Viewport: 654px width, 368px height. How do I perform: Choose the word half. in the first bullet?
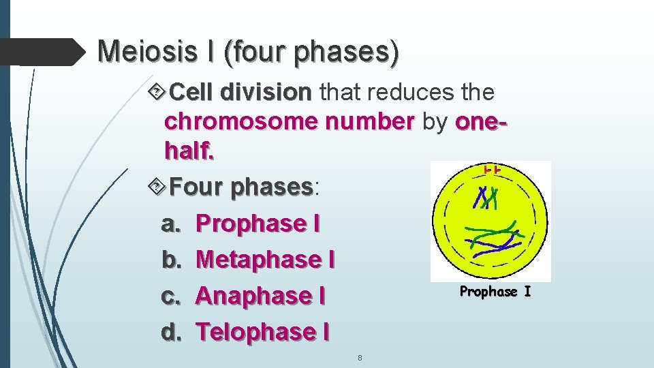pyautogui.click(x=189, y=151)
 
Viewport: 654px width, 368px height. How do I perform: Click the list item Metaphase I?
pyautogui.click(x=265, y=259)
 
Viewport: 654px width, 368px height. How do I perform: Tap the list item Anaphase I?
pyautogui.click(x=260, y=296)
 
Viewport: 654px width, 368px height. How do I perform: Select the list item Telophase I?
pyautogui.click(x=262, y=332)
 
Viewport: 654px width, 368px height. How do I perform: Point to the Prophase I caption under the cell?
pyautogui.click(x=495, y=292)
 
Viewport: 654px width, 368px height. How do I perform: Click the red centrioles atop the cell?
pyautogui.click(x=493, y=169)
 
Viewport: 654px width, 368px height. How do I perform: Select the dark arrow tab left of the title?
pyautogui.click(x=41, y=50)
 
